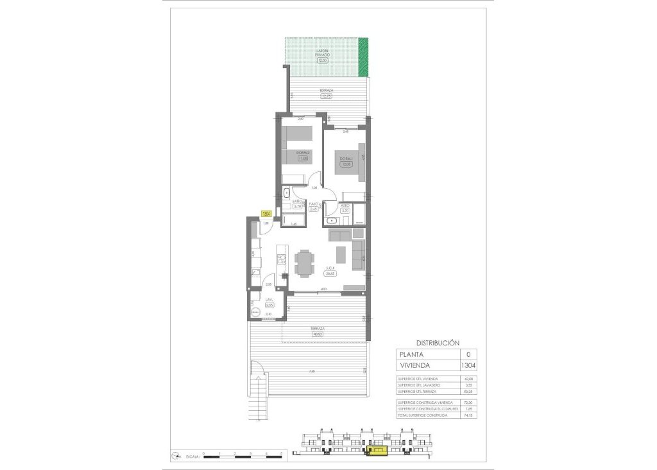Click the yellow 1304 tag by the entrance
pos(265,214)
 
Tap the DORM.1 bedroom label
pos(346,159)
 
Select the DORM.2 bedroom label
pos(303,152)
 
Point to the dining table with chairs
pos(304,262)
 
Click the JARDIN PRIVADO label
pos(322,54)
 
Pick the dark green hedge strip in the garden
pos(364,56)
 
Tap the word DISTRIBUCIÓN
pos(438,343)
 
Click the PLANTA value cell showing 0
pos(468,354)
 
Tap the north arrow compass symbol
pos(176,455)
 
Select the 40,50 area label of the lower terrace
pos(316,334)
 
